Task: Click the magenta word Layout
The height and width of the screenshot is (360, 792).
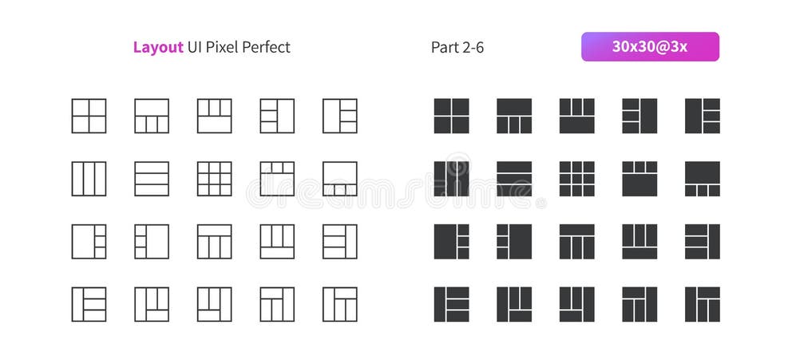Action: point(158,47)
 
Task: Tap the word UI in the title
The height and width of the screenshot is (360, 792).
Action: point(194,47)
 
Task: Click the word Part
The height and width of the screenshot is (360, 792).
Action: point(444,47)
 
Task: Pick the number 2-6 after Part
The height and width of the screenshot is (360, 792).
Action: point(473,47)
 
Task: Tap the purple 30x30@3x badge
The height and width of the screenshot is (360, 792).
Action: point(649,47)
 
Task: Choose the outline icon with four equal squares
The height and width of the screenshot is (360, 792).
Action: point(89,116)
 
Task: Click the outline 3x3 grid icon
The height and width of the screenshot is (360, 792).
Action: point(214,179)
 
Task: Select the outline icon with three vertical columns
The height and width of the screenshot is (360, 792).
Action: point(89,179)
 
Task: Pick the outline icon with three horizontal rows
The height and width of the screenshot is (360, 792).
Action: point(152,179)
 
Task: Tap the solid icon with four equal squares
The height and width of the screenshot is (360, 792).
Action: point(451,116)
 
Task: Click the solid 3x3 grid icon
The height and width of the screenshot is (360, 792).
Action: point(576,179)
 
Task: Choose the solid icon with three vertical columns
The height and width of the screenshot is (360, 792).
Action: point(451,179)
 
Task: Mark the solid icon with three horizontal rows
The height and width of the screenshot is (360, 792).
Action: point(514,179)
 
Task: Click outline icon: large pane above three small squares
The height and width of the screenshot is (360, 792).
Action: point(339,179)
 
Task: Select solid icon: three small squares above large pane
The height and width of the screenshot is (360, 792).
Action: point(640,179)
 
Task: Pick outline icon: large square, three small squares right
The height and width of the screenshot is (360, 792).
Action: point(89,241)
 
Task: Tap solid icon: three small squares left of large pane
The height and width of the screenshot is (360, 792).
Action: point(514,241)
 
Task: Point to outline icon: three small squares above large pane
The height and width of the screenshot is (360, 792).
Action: point(277,179)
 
